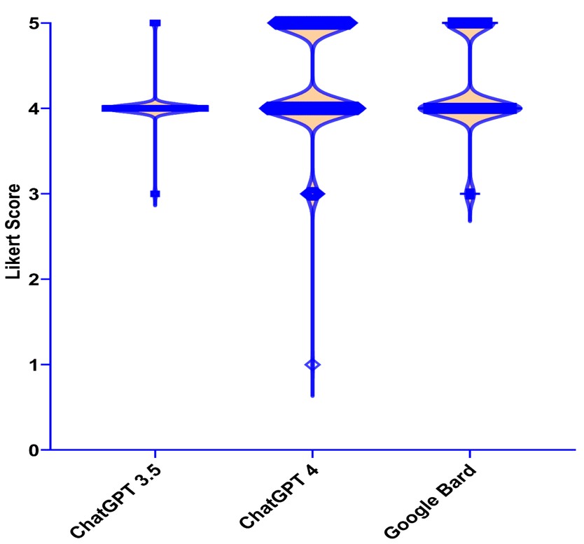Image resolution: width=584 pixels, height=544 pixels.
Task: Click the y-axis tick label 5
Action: coord(34,23)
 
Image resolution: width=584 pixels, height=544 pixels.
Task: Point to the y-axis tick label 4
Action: coord(34,109)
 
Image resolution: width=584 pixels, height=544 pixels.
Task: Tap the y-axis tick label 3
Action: coord(34,194)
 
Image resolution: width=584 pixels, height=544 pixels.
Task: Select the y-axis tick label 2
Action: coord(34,279)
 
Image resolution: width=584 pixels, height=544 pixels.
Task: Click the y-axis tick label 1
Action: coord(34,365)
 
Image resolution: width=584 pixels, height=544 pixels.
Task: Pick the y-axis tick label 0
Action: coord(34,450)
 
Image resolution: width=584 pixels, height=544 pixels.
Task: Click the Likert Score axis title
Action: coord(13,232)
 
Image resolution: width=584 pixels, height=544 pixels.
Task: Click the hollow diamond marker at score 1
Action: coord(312,365)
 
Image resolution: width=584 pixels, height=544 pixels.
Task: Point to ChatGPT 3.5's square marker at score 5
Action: coord(155,23)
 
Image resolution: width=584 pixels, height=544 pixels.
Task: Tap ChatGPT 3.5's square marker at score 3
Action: coord(155,194)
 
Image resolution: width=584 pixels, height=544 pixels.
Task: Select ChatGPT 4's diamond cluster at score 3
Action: coord(312,194)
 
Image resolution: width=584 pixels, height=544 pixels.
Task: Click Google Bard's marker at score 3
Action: coord(470,194)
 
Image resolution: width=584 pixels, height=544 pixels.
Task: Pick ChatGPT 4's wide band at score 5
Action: coord(312,23)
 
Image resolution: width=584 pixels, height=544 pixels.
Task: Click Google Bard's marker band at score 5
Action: coord(470,22)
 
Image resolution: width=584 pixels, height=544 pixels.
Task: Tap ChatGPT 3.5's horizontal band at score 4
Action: coord(155,109)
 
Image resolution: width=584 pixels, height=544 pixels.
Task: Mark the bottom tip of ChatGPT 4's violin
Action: coord(312,396)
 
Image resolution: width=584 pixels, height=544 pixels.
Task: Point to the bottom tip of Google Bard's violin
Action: coord(470,221)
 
